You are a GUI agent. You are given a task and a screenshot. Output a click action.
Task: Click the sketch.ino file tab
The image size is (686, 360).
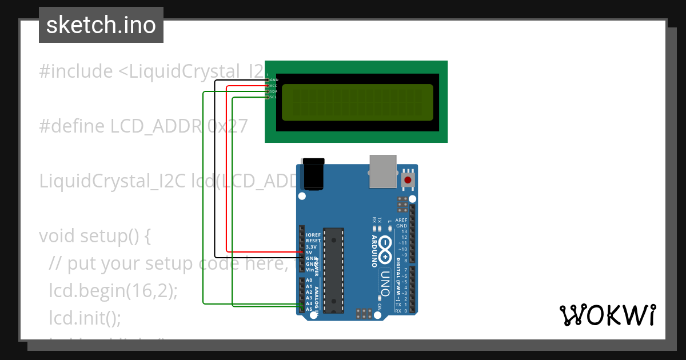tap(101, 25)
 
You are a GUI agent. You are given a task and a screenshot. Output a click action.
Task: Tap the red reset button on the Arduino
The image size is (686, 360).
tap(408, 181)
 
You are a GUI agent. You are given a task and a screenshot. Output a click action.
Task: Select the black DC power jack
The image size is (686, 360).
tap(313, 174)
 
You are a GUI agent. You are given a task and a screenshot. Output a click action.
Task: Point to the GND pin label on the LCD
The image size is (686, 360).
tap(274, 80)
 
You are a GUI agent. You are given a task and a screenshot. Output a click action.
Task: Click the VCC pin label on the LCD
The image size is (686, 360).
tap(274, 86)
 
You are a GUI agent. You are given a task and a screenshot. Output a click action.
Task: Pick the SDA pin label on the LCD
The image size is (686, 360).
tap(274, 91)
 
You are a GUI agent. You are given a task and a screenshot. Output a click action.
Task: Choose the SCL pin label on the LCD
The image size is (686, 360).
tap(274, 97)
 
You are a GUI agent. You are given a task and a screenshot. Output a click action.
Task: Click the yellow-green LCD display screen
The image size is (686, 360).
tap(357, 102)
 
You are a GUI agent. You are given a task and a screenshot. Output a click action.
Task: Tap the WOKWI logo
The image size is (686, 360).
tap(608, 315)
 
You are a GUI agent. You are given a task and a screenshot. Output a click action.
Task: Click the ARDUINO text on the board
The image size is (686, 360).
tap(375, 251)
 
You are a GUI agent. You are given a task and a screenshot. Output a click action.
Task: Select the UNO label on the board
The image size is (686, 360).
tap(385, 284)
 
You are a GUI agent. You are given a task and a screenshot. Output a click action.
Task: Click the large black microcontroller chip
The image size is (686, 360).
tap(333, 270)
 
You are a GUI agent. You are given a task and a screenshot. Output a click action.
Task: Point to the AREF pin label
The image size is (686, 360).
tap(401, 220)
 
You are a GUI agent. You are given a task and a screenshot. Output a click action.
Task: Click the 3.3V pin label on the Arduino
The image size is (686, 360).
tap(312, 246)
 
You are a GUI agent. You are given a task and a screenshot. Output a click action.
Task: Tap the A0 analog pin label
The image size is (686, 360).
tap(309, 281)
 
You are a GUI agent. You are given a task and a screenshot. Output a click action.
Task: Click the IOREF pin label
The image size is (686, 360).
tap(313, 235)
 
